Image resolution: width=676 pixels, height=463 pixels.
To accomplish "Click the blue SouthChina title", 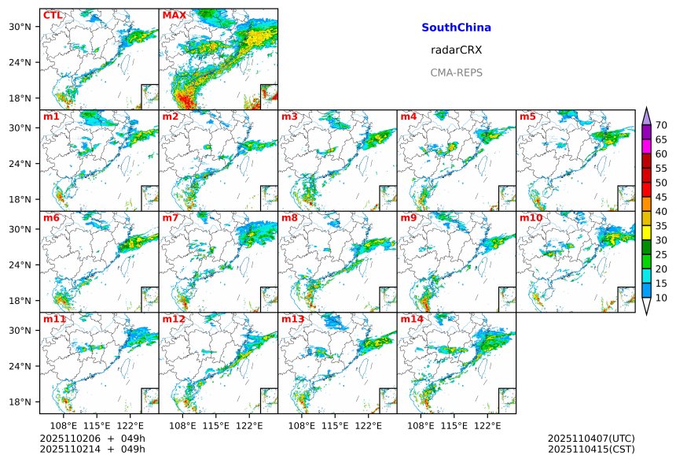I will coord(456,28).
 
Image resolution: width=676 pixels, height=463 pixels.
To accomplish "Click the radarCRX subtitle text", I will coord(456,50).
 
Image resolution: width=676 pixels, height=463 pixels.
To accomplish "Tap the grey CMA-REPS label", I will coord(456,72).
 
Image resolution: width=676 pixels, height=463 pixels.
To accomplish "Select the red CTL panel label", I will coord(53,16).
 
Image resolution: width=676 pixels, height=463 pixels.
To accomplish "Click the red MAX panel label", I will coord(174,16).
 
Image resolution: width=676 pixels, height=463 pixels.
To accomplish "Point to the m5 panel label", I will coord(527,117).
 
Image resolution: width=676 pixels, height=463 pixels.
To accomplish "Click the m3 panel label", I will coord(289,117).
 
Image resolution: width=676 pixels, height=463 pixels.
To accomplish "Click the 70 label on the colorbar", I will coord(661,125).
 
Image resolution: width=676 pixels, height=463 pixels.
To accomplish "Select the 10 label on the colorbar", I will coord(661,298).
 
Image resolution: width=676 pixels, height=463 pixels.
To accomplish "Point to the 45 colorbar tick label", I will coord(661,197).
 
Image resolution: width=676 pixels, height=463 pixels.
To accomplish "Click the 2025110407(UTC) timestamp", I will coord(590,438).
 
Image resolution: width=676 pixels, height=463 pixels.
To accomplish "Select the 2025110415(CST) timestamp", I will coord(590,449).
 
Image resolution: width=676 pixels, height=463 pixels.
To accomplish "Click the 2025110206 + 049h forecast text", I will coord(87,438).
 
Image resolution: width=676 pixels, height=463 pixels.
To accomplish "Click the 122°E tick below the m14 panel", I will coord(487,425).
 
